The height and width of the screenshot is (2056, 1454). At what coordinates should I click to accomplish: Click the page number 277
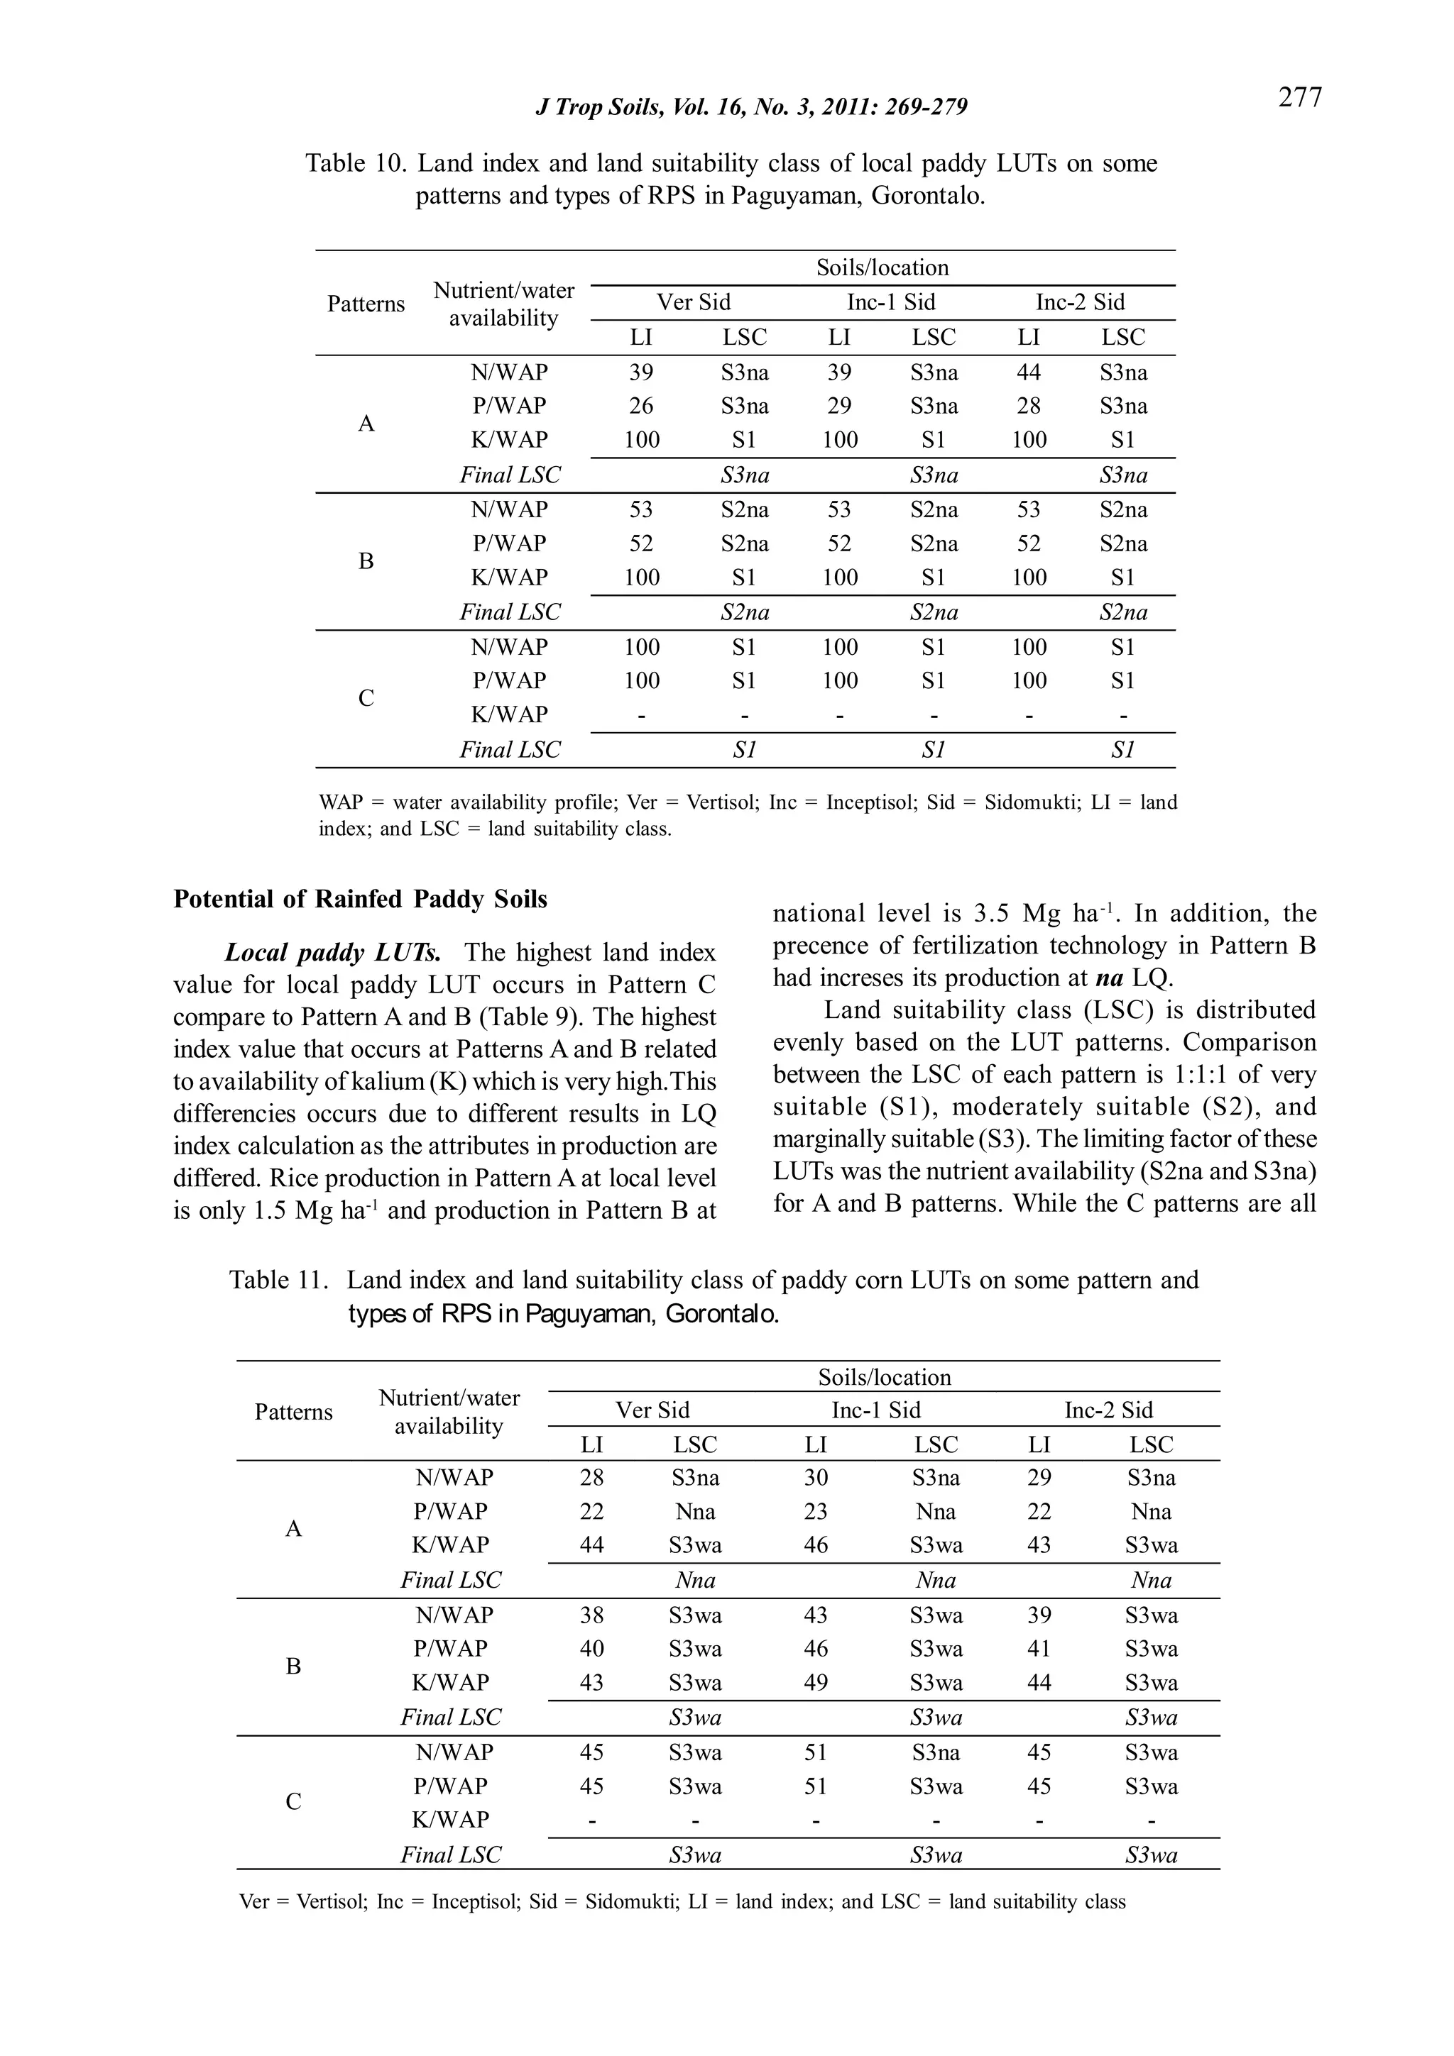pos(1299,96)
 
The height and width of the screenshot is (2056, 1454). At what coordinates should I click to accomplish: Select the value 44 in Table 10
pos(1029,372)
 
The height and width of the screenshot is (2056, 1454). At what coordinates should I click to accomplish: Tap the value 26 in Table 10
pos(640,406)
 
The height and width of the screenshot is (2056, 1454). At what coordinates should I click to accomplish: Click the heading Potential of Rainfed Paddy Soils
pos(360,899)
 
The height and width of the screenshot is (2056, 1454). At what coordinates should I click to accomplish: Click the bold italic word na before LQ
pos(1109,978)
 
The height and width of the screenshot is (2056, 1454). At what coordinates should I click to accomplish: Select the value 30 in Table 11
pos(815,1478)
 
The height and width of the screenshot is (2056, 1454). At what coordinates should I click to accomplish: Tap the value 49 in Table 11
pos(815,1683)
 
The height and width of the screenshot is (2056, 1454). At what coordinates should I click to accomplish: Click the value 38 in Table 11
pos(591,1615)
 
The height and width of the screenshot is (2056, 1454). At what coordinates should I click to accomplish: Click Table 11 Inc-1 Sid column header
pos(875,1410)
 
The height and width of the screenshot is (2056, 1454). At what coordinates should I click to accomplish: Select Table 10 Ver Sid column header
pos(694,303)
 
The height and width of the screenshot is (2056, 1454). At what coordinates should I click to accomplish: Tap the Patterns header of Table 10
pos(366,304)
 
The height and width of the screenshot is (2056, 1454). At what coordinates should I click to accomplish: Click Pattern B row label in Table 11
pos(293,1667)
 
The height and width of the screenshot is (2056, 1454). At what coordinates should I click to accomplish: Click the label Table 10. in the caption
pos(356,164)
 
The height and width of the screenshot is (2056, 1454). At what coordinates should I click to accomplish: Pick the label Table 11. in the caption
pos(280,1281)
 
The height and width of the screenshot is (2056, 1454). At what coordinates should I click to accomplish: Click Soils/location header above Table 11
pos(884,1377)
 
